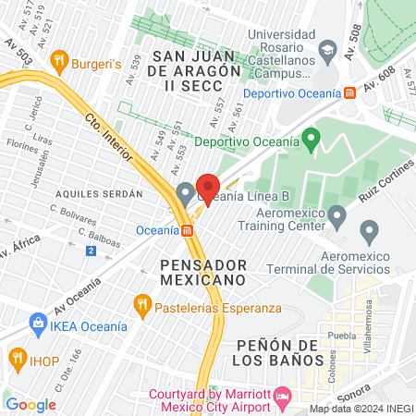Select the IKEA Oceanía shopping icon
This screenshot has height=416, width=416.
tap(38, 323)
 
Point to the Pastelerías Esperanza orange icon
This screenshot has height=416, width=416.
tap(141, 303)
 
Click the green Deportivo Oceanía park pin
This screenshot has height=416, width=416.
tap(312, 142)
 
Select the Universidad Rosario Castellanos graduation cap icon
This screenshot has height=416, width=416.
tap(326, 48)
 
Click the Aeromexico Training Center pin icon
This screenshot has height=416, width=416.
tap(337, 218)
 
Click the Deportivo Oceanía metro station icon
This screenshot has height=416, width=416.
tap(349, 93)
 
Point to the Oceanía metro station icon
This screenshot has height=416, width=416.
tap(187, 229)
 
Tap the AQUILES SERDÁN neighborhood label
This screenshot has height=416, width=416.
tap(99, 194)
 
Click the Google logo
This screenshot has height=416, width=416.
tap(31, 404)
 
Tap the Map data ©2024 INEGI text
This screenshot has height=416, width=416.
tap(360, 409)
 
